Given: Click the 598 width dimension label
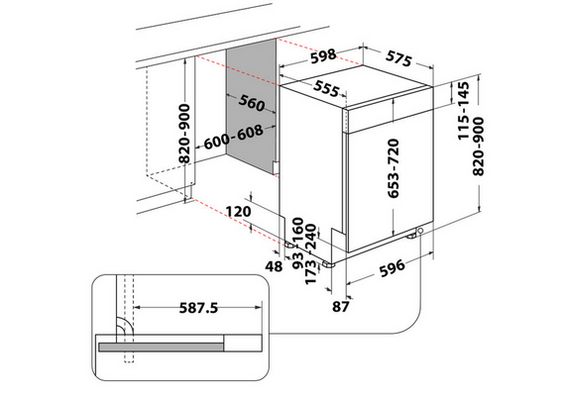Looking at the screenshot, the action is point(323,56).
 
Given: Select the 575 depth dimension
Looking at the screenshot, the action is point(398,58).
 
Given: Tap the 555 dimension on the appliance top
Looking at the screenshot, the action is point(326,88).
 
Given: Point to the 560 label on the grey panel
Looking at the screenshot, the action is point(252,103).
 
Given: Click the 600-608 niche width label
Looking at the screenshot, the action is point(234,138).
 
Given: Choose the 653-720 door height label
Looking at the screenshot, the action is point(394,168).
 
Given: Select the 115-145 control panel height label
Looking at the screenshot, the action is point(463,111).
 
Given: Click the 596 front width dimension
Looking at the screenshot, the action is point(393,268).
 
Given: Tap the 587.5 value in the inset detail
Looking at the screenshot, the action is point(198,308).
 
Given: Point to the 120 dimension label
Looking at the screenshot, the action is point(238,211).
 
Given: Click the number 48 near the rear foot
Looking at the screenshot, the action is point(274,266).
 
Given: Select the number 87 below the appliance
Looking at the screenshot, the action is point(341,307).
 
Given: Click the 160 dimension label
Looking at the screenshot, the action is point(298,230).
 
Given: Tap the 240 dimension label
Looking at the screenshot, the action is point(310,237).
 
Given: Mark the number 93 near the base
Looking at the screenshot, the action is point(298,260).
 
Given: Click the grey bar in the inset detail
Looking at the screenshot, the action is point(161,347).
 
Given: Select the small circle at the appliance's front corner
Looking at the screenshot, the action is point(420,231).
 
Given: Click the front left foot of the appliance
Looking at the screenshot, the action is point(329,264).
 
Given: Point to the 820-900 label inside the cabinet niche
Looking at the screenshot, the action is point(184,134).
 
